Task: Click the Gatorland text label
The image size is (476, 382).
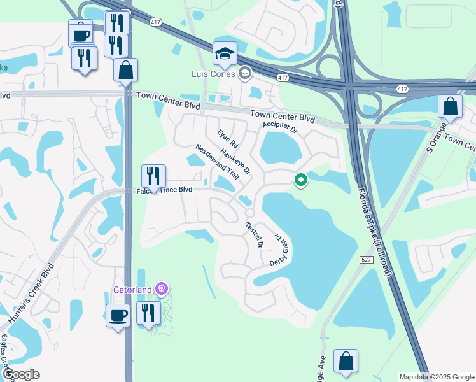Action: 132,290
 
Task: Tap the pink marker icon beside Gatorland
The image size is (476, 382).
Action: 162,290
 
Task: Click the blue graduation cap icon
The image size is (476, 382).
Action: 225,54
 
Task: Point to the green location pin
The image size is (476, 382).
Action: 301,181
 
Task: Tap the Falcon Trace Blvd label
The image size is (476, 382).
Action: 164,190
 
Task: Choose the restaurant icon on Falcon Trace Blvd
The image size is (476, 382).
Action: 153,176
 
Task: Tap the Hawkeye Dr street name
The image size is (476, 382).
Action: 235,161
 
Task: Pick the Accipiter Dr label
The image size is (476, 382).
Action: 279,127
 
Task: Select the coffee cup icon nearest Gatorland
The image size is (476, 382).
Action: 118,315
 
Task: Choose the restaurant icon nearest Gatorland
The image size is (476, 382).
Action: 148,314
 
